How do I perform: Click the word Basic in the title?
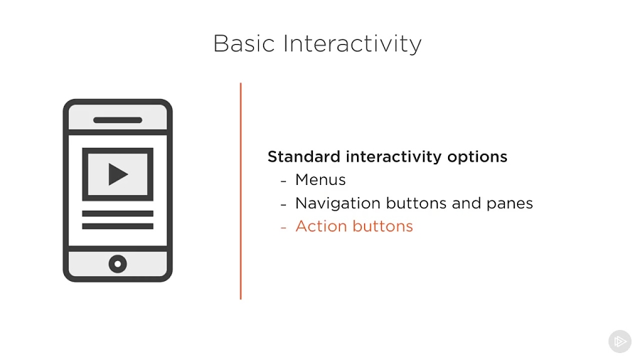pyautogui.click(x=244, y=43)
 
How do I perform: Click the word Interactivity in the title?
pyautogui.click(x=352, y=44)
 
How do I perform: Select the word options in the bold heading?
pyautogui.click(x=477, y=157)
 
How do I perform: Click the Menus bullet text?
pyautogui.click(x=321, y=179)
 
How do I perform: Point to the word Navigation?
pyautogui.click(x=338, y=203)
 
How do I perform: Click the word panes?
pyautogui.click(x=510, y=204)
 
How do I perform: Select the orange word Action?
pyautogui.click(x=321, y=226)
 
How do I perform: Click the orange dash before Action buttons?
pyautogui.click(x=284, y=228)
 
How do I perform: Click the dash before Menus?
pyautogui.click(x=284, y=181)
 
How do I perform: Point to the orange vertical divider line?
pyautogui.click(x=241, y=191)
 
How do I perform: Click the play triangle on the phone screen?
pyautogui.click(x=117, y=174)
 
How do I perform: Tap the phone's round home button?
pyautogui.click(x=117, y=264)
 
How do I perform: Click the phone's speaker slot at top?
pyautogui.click(x=117, y=120)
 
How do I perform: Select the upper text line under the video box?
pyautogui.click(x=117, y=213)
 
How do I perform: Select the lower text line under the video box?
pyautogui.click(x=117, y=226)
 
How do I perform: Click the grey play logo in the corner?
pyautogui.click(x=620, y=342)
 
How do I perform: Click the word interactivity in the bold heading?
pyautogui.click(x=394, y=157)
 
